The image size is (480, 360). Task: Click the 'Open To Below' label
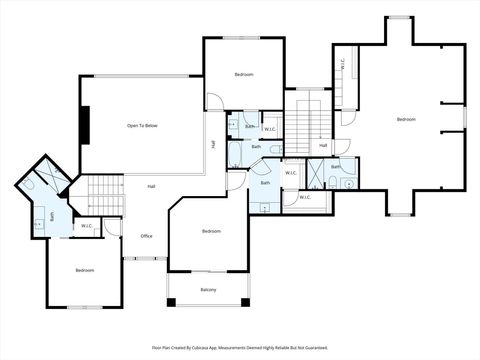pyautogui.click(x=142, y=125)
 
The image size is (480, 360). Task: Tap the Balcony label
pyautogui.click(x=208, y=290)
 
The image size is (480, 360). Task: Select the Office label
pyautogui.click(x=146, y=236)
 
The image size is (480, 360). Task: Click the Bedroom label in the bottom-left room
pyautogui.click(x=85, y=270)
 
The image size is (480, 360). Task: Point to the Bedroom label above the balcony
pyautogui.click(x=211, y=231)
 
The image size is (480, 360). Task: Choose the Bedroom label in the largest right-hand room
pyautogui.click(x=405, y=120)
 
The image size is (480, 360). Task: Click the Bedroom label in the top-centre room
pyautogui.click(x=244, y=75)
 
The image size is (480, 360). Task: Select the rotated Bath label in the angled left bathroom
pyautogui.click(x=52, y=215)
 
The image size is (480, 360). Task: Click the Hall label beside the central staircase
pyautogui.click(x=323, y=146)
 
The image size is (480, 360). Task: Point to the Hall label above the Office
pyautogui.click(x=151, y=186)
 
